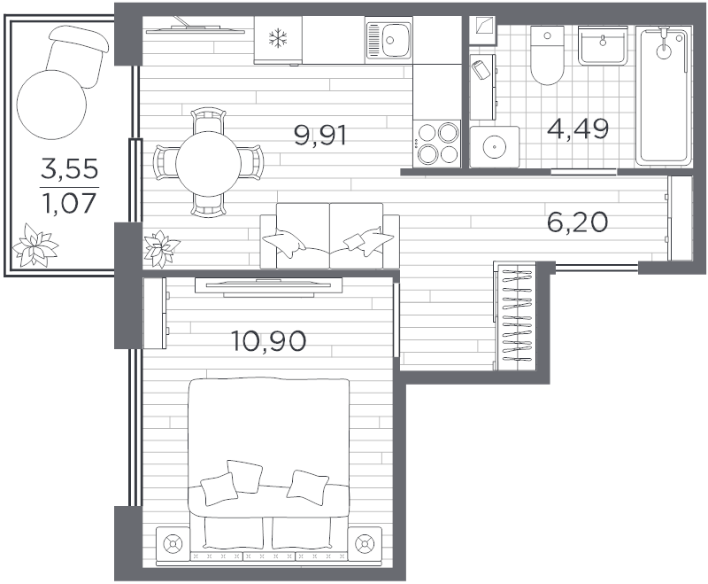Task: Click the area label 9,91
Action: [x=320, y=136]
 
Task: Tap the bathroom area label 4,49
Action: [x=578, y=128]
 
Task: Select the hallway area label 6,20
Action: [x=577, y=222]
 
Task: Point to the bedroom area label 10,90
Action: [x=268, y=341]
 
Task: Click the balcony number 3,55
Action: [x=70, y=169]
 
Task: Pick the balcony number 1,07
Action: [x=70, y=204]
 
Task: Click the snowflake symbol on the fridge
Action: [x=278, y=38]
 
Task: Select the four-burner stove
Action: [x=437, y=144]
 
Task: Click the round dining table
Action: [x=208, y=163]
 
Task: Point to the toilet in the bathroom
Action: [x=547, y=56]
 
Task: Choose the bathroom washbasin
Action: [x=603, y=45]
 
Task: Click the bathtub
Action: [x=663, y=96]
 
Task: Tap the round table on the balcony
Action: [x=51, y=105]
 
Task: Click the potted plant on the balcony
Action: [x=35, y=244]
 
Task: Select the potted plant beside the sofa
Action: [x=161, y=248]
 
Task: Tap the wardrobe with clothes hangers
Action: [x=515, y=315]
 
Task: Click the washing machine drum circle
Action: [x=495, y=146]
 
